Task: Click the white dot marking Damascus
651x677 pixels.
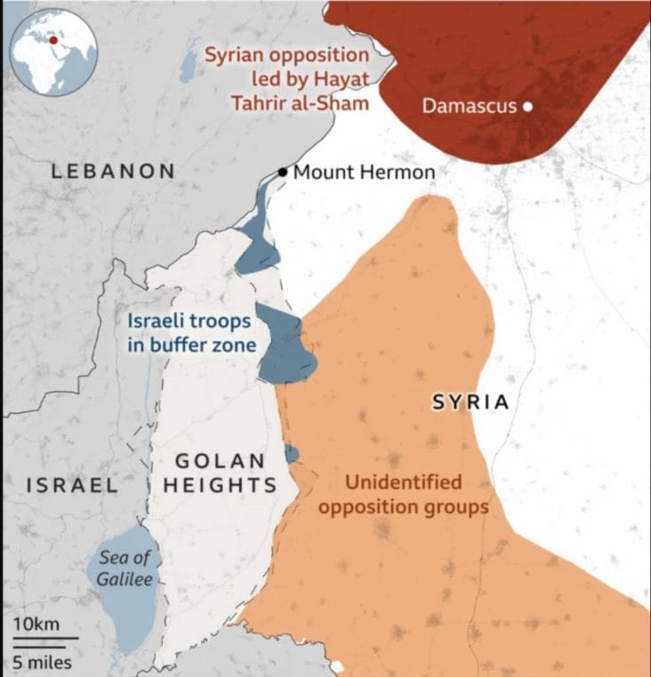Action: [x=527, y=107]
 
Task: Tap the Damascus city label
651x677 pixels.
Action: [x=470, y=107]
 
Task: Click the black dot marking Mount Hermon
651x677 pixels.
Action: [x=283, y=172]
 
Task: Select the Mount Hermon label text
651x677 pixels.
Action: [x=364, y=173]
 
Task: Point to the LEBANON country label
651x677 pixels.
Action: [x=113, y=171]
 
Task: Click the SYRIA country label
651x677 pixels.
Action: [x=470, y=402]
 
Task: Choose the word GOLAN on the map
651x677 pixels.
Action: [x=220, y=461]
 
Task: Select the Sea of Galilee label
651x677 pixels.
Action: [x=125, y=568]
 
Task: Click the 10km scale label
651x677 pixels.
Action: [x=36, y=624]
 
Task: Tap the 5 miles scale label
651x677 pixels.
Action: [x=42, y=662]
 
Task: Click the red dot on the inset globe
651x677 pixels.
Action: [x=53, y=39]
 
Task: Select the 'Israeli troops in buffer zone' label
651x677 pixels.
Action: [x=189, y=333]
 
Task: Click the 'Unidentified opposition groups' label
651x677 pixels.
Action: [x=404, y=496]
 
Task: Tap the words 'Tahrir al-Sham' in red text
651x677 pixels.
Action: [x=301, y=102]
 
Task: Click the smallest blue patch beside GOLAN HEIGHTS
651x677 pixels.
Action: [x=292, y=454]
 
